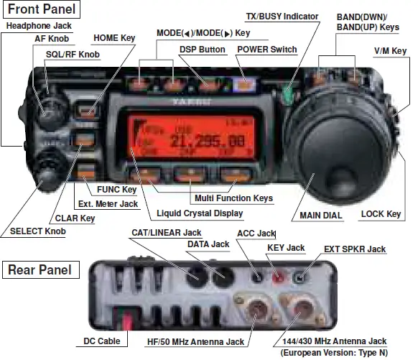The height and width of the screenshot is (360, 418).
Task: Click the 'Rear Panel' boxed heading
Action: [x=40, y=269]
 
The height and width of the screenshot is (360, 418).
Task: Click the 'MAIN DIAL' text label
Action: [x=320, y=214]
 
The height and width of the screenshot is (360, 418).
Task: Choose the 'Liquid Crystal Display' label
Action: [x=199, y=213]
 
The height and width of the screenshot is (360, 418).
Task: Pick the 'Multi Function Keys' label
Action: [x=233, y=198]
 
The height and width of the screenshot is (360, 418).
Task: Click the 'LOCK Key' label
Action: [x=381, y=213]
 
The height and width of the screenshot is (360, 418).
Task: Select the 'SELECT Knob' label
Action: [x=37, y=231]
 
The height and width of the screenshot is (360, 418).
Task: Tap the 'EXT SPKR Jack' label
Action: [x=355, y=249]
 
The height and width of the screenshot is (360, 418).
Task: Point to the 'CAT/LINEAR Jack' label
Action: [x=167, y=233]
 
